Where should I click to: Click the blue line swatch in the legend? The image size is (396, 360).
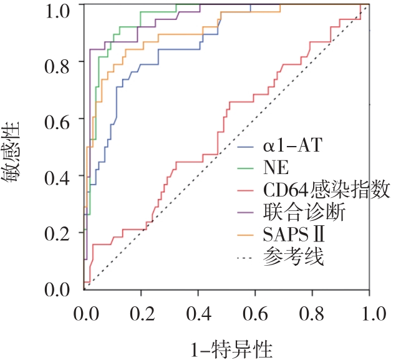point(248,148)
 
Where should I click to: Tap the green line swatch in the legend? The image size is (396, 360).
point(248,169)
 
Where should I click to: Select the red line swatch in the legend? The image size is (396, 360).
point(248,190)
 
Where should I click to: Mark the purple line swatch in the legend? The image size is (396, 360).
point(248,212)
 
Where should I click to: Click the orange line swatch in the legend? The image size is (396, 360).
point(248,234)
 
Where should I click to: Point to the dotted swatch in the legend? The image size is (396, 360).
point(248,256)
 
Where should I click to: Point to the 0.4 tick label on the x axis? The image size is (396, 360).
point(198,312)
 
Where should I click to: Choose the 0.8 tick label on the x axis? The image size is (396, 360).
point(313,312)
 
